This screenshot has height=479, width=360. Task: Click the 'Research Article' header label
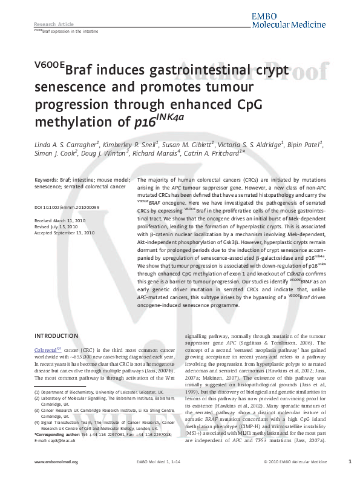[x=50, y=24]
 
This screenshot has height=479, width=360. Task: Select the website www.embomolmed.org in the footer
[x=53, y=462]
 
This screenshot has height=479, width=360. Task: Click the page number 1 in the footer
[x=350, y=462]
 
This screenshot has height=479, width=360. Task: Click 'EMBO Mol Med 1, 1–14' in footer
[x=153, y=462]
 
